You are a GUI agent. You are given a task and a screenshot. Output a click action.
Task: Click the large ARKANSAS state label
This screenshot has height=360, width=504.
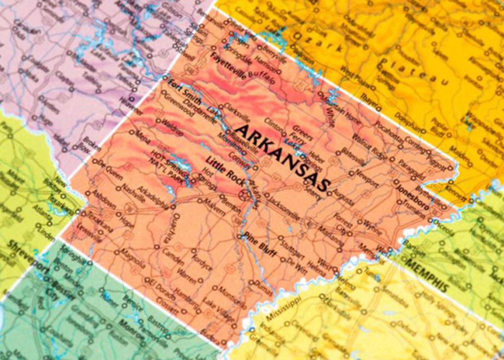tap(282, 157)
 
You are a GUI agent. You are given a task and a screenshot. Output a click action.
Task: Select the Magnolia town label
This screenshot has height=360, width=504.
tap(133, 258)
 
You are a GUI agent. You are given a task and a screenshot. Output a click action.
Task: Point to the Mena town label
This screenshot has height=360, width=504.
tap(142, 136)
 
